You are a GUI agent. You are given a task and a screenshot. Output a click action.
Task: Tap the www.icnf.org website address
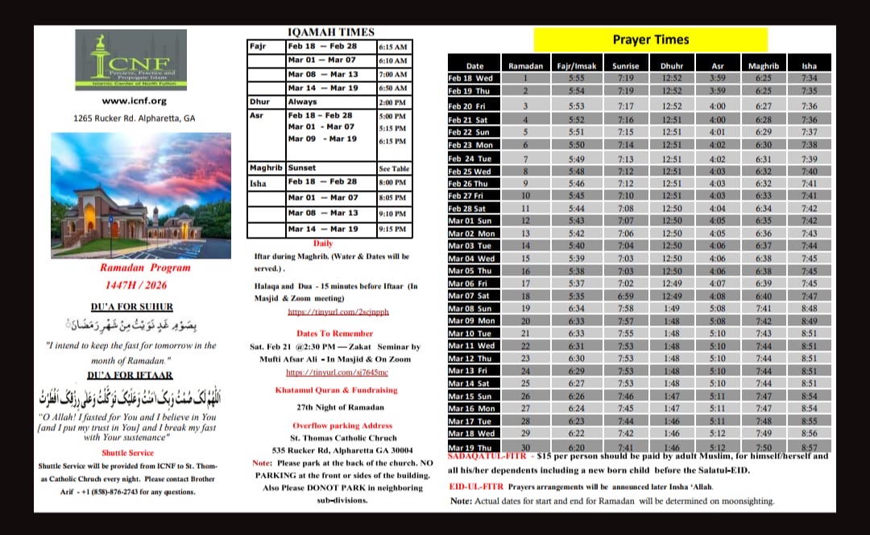point(134,101)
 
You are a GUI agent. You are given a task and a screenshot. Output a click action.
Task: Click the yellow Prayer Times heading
point(650,39)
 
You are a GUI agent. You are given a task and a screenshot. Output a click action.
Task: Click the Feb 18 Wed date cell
point(471,78)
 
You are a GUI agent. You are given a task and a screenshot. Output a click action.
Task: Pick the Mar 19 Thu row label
point(471,448)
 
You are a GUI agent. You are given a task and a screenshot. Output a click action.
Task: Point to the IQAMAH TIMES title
point(330,32)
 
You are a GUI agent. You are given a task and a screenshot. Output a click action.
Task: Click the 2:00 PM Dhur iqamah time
point(392,103)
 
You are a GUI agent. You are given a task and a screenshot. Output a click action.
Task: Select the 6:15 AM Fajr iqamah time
point(392,47)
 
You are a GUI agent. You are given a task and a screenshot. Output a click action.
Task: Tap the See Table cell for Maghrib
point(393,169)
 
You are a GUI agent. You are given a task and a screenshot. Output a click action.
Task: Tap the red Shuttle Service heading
point(128,454)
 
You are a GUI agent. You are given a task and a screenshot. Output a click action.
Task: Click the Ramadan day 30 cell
point(525,448)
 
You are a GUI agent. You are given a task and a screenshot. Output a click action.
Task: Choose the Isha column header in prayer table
point(808,66)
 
